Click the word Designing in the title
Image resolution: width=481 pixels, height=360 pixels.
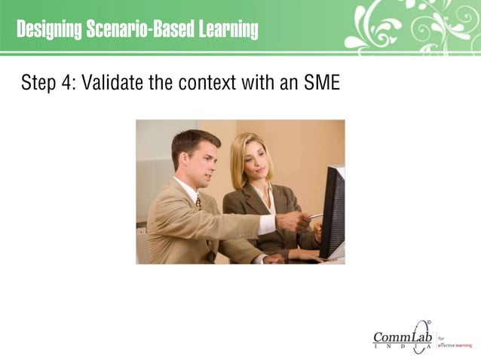coord(49,30)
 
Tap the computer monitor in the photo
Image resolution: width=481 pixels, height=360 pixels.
coord(332,211)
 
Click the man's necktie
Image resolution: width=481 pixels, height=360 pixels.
coord(198,203)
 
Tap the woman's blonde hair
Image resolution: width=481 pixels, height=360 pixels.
coord(240,151)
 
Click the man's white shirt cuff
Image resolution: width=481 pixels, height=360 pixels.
coord(267,224)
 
